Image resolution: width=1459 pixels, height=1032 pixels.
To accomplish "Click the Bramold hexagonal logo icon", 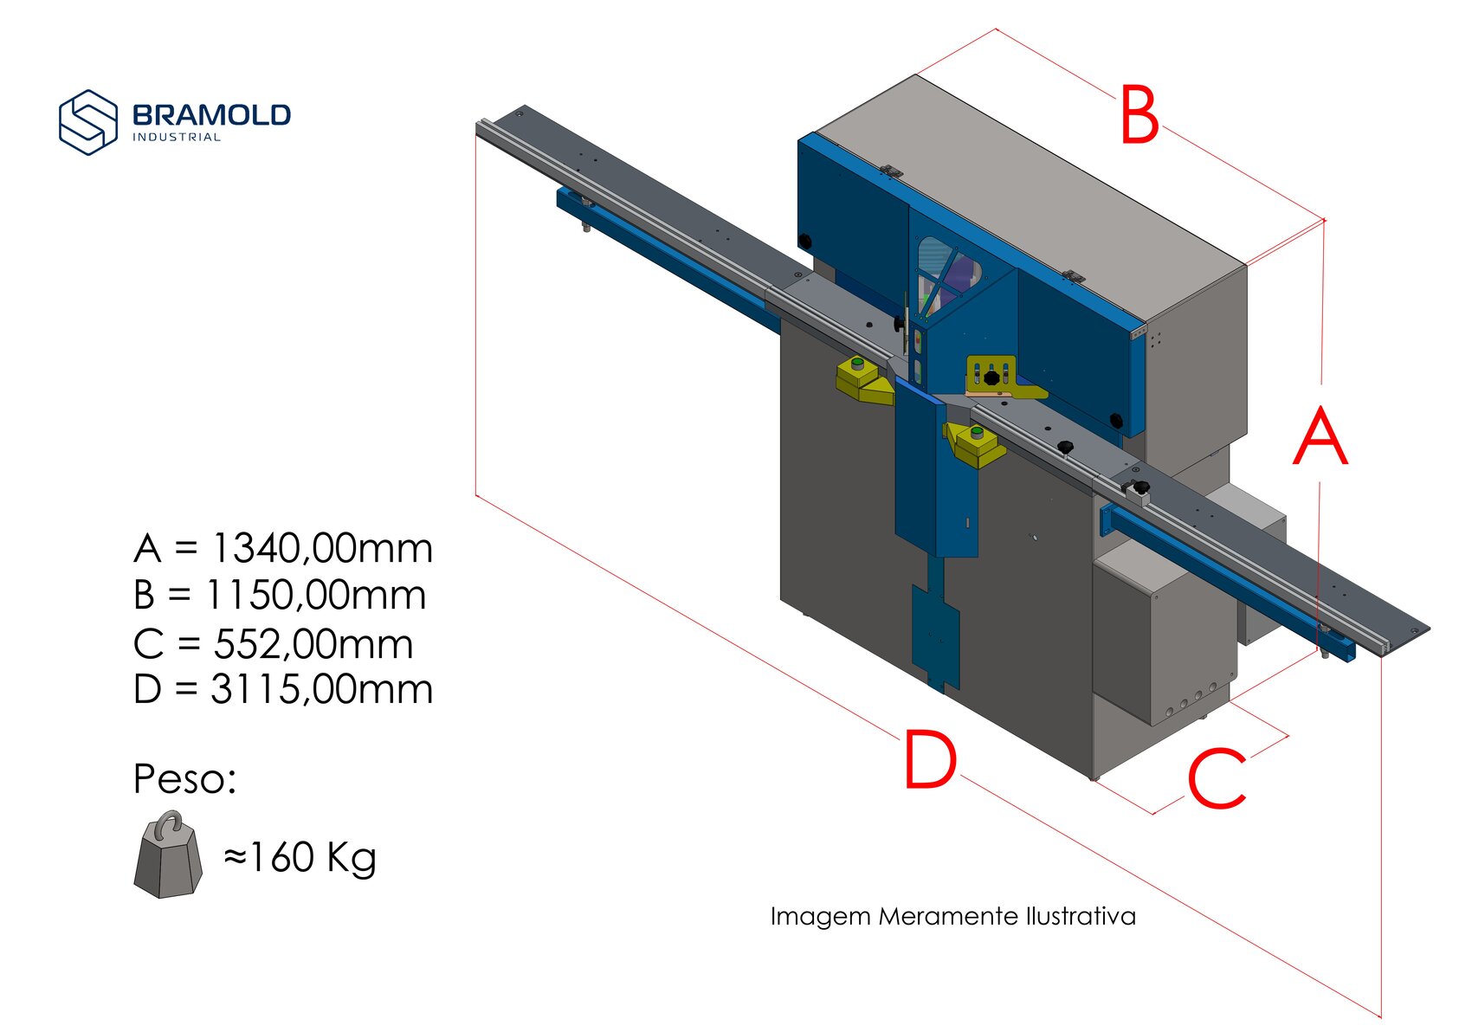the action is [88, 122].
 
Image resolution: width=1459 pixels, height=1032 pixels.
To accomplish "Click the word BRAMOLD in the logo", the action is [211, 115].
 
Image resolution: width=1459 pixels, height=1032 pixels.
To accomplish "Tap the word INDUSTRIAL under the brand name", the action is [177, 138].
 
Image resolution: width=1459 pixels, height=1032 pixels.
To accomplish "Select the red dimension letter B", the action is [1139, 114].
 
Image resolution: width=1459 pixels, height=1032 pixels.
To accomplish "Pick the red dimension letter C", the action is [1217, 778].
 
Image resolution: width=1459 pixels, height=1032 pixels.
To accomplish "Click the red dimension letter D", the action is [931, 760].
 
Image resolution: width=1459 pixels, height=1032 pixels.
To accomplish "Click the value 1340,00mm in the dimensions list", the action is [322, 548].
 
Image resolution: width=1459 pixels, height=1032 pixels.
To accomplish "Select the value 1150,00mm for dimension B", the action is [316, 595].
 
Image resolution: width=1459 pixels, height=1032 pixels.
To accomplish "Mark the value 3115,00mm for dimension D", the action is [322, 689].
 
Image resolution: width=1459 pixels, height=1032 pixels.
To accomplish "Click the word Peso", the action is [184, 778].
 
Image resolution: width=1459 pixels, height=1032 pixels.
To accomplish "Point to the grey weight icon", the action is [168, 855].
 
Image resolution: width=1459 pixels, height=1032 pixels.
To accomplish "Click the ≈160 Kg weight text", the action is [300, 857].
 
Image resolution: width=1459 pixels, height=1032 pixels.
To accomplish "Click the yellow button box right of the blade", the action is [975, 444].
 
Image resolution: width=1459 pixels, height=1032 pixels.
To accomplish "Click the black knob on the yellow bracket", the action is [991, 377].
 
